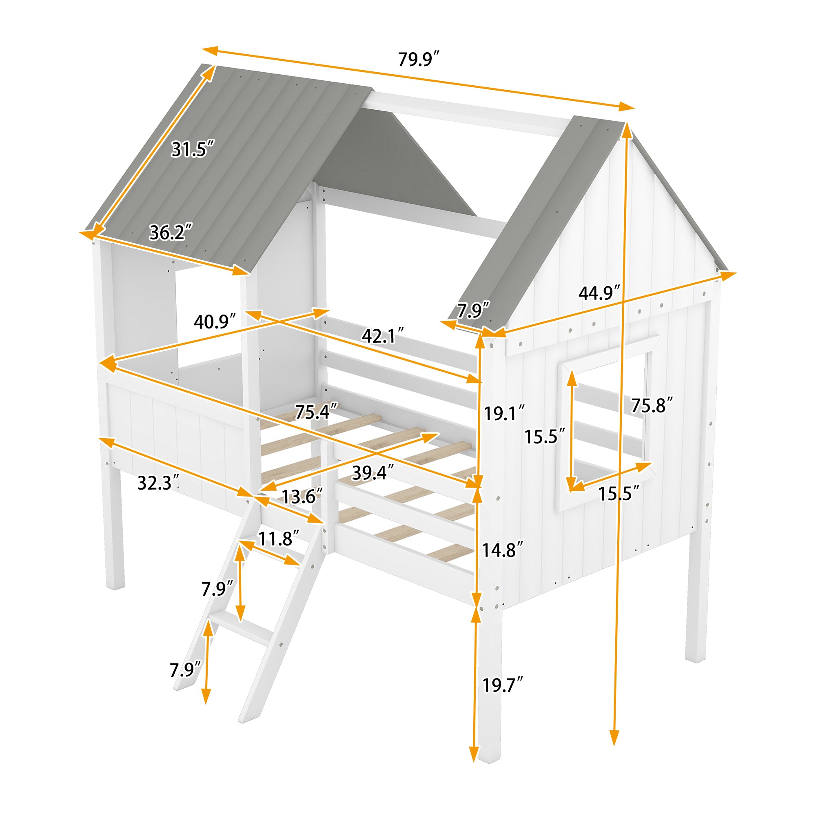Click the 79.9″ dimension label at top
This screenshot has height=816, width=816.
click(418, 59)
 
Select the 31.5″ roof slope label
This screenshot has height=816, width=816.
click(193, 149)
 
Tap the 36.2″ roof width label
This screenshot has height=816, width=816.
click(171, 232)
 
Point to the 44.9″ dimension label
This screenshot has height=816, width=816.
click(599, 293)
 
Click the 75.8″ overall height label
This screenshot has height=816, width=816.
click(651, 406)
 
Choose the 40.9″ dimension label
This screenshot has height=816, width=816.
click(214, 322)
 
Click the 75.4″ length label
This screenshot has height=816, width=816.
click(316, 412)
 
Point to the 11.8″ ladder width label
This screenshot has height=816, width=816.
click(278, 539)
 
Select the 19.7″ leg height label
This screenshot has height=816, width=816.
click(502, 685)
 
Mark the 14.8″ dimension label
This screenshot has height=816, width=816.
click(502, 550)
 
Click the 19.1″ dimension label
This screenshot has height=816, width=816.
click(504, 413)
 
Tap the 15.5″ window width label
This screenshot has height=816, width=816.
click(619, 493)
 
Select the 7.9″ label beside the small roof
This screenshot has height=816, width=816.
click(473, 311)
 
